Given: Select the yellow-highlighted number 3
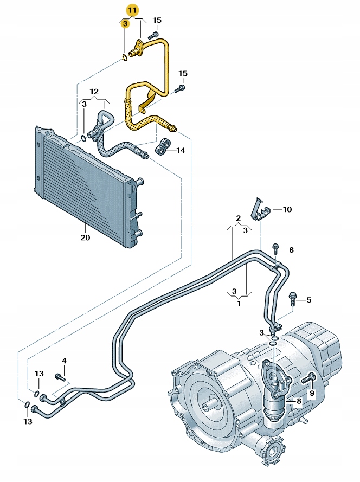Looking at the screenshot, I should click(x=125, y=23).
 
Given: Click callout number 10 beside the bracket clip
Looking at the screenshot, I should click(x=287, y=209).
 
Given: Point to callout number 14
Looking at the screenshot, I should click(x=181, y=150).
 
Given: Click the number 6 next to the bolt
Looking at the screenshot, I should click(x=291, y=250).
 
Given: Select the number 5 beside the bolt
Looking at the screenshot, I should click(x=309, y=299).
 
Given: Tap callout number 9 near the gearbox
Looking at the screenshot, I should click(x=312, y=392).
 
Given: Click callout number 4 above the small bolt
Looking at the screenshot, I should click(x=64, y=361).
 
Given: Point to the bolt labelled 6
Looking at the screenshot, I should click(x=276, y=249).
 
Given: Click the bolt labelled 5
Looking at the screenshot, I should click(x=293, y=297).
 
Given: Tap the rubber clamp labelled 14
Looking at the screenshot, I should click(x=162, y=149).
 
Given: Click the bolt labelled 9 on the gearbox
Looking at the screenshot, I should click(x=309, y=378).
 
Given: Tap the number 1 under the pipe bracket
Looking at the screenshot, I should click(x=238, y=304).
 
